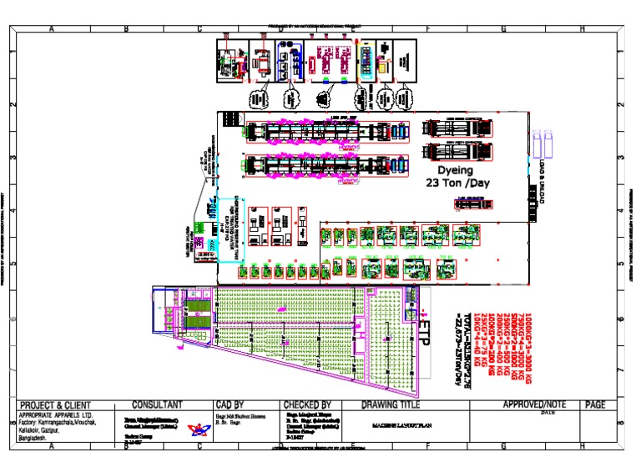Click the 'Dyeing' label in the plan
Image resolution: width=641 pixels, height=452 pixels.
point(451,169)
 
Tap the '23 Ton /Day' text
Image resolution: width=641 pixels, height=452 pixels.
point(455,183)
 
